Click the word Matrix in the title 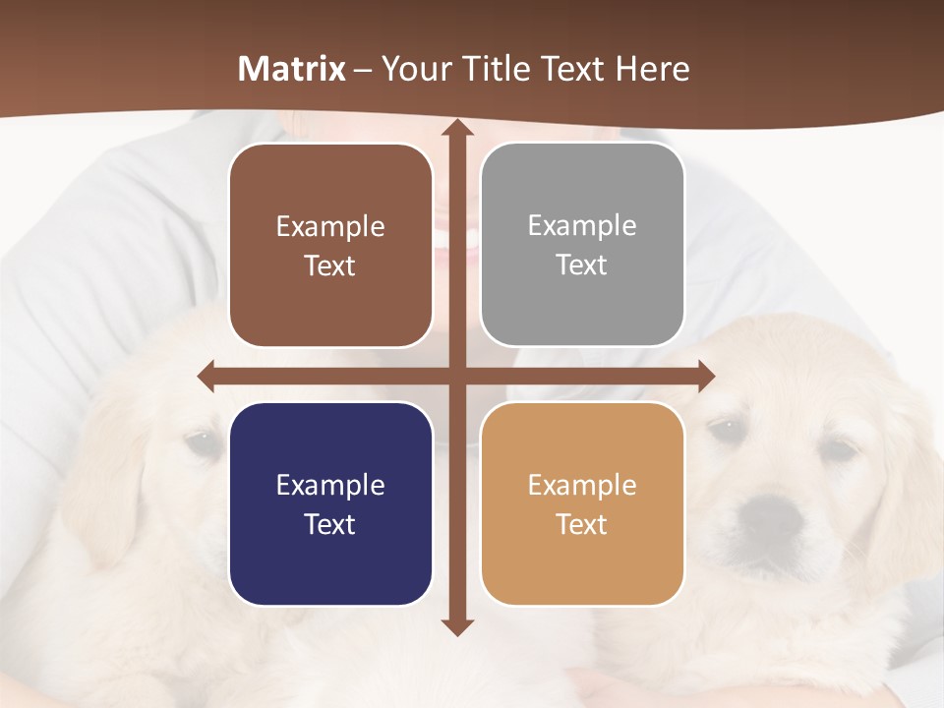pyautogui.click(x=292, y=69)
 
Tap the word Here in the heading pyautogui.click(x=652, y=69)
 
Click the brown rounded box pyautogui.click(x=330, y=245)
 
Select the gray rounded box pyautogui.click(x=582, y=245)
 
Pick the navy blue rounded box pyautogui.click(x=330, y=503)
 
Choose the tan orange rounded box pyautogui.click(x=582, y=503)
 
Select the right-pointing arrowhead pyautogui.click(x=705, y=376)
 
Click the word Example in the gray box pyautogui.click(x=582, y=226)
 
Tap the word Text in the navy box pyautogui.click(x=330, y=524)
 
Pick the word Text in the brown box pyautogui.click(x=330, y=265)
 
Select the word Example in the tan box pyautogui.click(x=582, y=485)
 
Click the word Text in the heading pyautogui.click(x=571, y=69)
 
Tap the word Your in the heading pyautogui.click(x=413, y=69)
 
